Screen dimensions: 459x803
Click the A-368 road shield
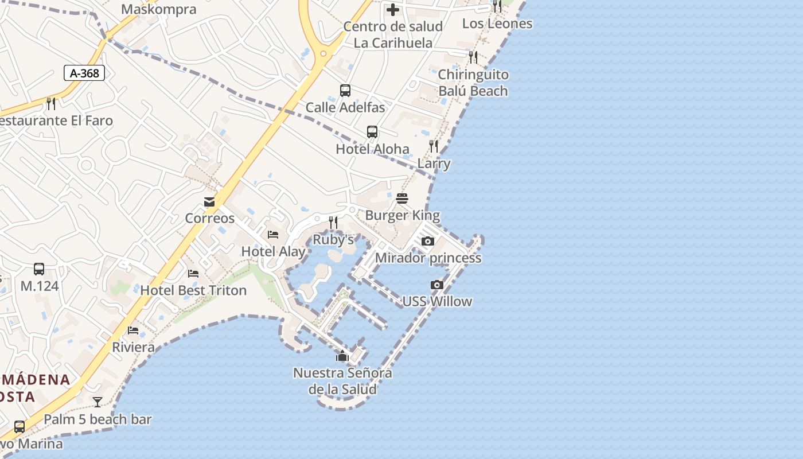[84, 73]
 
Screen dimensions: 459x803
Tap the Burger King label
[403, 216]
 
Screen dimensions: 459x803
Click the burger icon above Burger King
[402, 199]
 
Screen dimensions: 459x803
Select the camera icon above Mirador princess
[428, 241]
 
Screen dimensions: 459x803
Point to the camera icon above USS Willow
[437, 285]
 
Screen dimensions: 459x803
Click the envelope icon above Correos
[209, 202]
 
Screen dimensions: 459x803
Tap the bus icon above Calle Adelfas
[345, 91]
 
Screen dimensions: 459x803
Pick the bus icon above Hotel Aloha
[372, 132]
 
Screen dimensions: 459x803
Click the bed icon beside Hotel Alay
[273, 235]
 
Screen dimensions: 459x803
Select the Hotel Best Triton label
[193, 290]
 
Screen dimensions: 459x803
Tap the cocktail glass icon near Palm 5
[98, 402]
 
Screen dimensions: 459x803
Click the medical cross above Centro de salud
[393, 10]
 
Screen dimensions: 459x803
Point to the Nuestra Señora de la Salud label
[342, 381]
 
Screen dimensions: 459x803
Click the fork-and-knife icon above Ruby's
[333, 223]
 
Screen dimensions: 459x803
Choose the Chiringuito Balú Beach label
[473, 83]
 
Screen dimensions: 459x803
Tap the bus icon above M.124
[39, 269]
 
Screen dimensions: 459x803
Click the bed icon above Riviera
[134, 330]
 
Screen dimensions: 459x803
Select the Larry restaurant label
[434, 164]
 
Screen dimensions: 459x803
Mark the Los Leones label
[497, 24]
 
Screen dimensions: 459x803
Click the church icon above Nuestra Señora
[342, 356]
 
